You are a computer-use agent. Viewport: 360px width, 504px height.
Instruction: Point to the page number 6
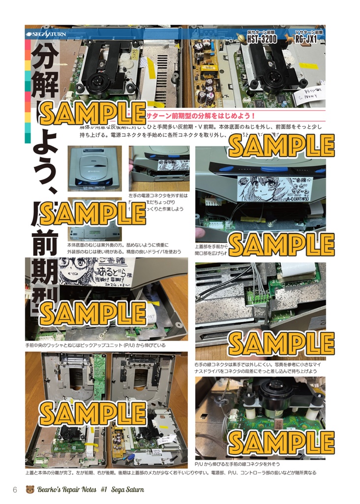pyautogui.click(x=15, y=490)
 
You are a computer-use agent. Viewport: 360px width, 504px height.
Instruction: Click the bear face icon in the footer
pyautogui.click(x=30, y=490)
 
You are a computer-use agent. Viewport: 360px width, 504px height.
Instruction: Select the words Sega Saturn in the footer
pyautogui.click(x=127, y=490)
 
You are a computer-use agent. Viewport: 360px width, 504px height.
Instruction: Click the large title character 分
pyautogui.click(x=45, y=60)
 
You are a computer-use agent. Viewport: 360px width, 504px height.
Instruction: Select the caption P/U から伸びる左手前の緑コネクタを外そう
pyautogui.click(x=238, y=464)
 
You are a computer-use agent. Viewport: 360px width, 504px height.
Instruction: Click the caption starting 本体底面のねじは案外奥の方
pyautogui.click(x=118, y=245)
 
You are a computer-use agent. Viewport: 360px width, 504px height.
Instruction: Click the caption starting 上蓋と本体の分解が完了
pyautogui.click(x=170, y=472)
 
